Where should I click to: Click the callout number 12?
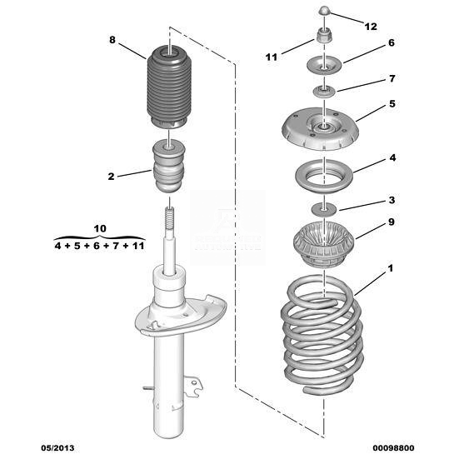click(371, 27)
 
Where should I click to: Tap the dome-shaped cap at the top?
click(324, 11)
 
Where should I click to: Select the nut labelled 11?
click(323, 35)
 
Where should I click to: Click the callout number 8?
click(112, 40)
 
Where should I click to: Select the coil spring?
click(322, 334)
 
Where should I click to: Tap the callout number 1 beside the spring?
click(391, 268)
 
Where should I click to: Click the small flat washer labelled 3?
click(324, 209)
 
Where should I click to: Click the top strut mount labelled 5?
click(320, 128)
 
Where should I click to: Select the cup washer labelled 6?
click(325, 67)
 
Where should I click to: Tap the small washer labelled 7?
click(324, 92)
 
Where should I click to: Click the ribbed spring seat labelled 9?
click(323, 244)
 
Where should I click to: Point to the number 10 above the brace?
click(100, 229)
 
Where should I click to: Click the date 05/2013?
click(57, 448)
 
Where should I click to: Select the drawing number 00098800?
click(393, 448)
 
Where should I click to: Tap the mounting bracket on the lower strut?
click(193, 386)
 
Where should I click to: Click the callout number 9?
click(392, 222)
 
